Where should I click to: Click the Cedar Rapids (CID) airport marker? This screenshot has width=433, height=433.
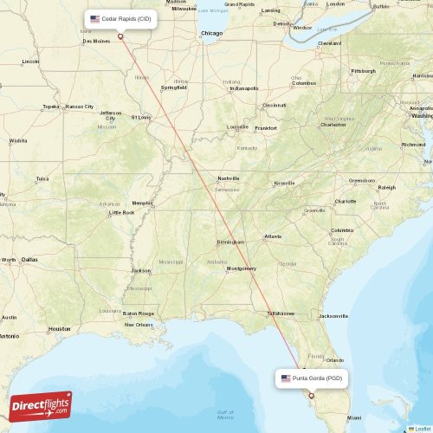click(120, 36)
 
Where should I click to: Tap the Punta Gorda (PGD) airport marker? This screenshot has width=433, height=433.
click(311, 396)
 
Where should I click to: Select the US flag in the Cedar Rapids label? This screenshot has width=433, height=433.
click(94, 18)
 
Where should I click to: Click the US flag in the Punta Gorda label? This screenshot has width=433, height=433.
click(285, 378)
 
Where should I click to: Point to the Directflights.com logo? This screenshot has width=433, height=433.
click(41, 406)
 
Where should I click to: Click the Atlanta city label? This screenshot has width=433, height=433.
click(273, 236)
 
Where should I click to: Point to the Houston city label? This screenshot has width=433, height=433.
click(60, 329)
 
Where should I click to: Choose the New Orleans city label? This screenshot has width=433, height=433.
click(139, 325)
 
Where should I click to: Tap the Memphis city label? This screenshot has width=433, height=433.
click(141, 204)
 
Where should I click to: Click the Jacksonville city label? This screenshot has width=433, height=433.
click(333, 316)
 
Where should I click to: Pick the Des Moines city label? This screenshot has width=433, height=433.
click(96, 41)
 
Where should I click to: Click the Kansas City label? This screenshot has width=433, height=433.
click(80, 107)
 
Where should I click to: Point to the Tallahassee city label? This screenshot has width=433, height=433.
click(281, 313)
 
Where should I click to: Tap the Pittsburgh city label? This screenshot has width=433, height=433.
click(363, 71)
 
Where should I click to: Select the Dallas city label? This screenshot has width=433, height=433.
click(29, 259)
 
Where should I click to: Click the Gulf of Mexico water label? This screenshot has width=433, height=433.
click(225, 412)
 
